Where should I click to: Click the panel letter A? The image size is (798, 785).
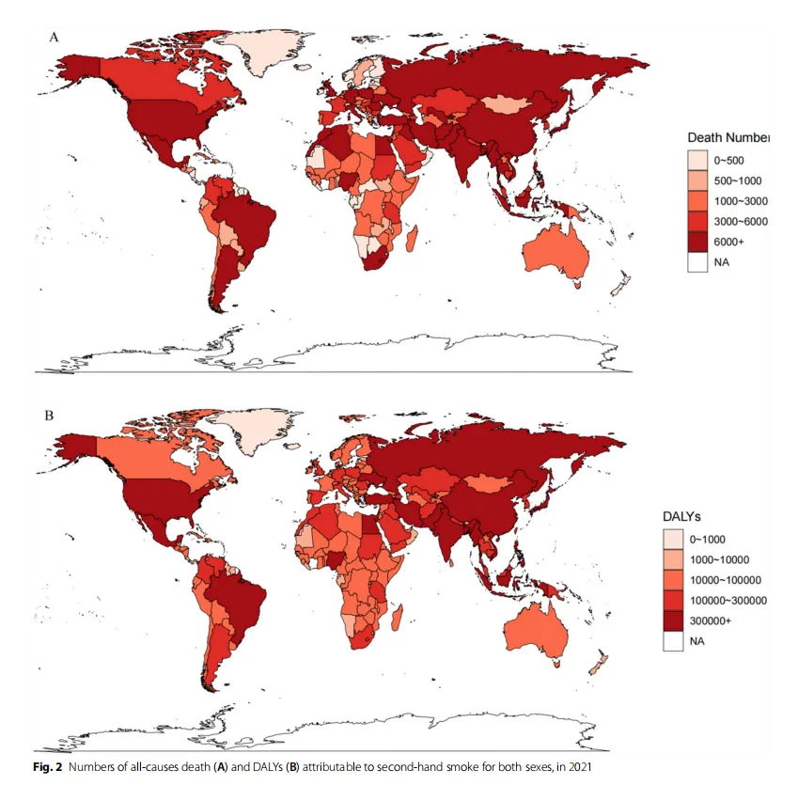(x=54, y=38)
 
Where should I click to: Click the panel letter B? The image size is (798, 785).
(x=50, y=416)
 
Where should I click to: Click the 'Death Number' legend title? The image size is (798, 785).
(x=728, y=137)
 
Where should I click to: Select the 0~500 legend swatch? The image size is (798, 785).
(x=697, y=160)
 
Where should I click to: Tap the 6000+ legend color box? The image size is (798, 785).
(x=697, y=242)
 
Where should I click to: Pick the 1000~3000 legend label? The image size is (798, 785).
(x=741, y=201)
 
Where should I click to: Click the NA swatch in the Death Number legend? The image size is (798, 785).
(x=697, y=261)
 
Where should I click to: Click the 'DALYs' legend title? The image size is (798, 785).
(x=681, y=517)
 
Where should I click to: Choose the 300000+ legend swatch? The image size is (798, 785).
(x=673, y=620)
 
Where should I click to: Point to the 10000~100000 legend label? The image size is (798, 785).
(x=726, y=580)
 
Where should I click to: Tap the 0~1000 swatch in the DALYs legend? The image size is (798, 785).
(x=673, y=539)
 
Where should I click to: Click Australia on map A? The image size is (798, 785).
(x=555, y=253)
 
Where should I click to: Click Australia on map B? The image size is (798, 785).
(x=537, y=629)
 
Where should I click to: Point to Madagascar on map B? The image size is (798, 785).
(x=398, y=617)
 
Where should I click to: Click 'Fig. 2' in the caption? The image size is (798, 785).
(x=47, y=767)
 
